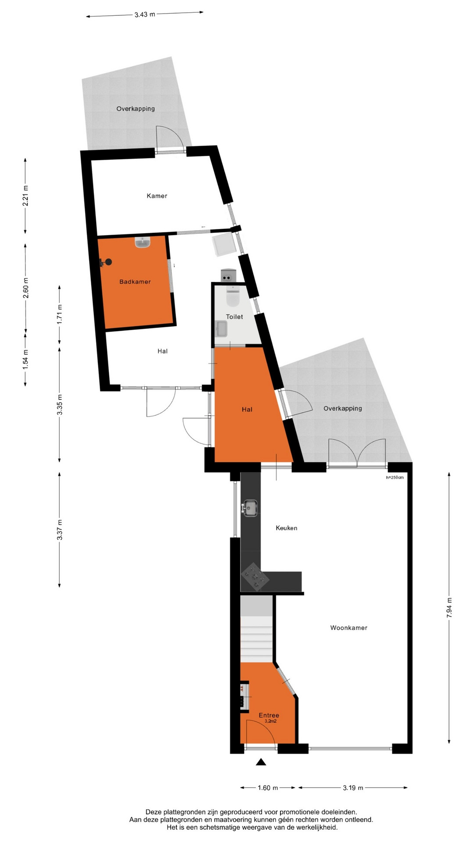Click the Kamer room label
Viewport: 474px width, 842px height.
(157, 196)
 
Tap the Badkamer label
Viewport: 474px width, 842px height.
(135, 282)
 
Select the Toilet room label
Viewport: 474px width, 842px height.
(234, 317)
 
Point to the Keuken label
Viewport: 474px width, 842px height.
(287, 528)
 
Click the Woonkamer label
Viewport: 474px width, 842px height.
(349, 628)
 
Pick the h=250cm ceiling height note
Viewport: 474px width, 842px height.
(395, 478)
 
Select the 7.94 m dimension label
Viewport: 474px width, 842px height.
(449, 608)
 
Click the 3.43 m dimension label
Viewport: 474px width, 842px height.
(145, 14)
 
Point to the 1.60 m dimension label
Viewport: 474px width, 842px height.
(268, 788)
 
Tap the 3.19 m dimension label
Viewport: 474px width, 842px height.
(353, 788)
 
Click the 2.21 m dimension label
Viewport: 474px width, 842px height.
(25, 196)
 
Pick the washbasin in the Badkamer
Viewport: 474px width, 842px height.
(143, 242)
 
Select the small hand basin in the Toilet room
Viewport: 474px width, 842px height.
(221, 329)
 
